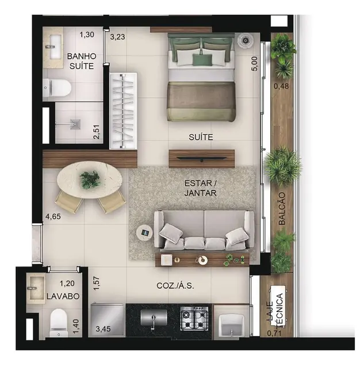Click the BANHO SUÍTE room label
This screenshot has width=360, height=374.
coord(82,61)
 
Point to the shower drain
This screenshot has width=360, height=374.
coord(75,124)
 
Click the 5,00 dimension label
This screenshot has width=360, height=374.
coord(255,63)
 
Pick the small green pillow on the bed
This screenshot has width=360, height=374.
coord(202,60)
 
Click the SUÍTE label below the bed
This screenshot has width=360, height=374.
coord(201,137)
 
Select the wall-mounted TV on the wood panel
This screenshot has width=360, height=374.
coord(202,158)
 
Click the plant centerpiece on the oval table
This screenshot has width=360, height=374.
coord(90,180)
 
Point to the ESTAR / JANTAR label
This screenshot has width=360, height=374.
coord(201,188)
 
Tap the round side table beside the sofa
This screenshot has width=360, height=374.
coord(144,232)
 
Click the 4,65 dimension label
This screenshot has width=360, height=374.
coord(53,216)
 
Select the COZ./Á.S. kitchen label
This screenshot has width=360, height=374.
coord(175,285)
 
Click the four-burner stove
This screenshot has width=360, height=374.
coord(194,318)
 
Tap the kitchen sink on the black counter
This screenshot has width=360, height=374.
coord(154,318)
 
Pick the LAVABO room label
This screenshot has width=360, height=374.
coord(63,296)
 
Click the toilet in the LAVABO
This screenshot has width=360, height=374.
coord(59,323)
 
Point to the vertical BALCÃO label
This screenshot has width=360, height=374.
coord(282,208)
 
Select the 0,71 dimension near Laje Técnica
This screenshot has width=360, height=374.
coord(274,333)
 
